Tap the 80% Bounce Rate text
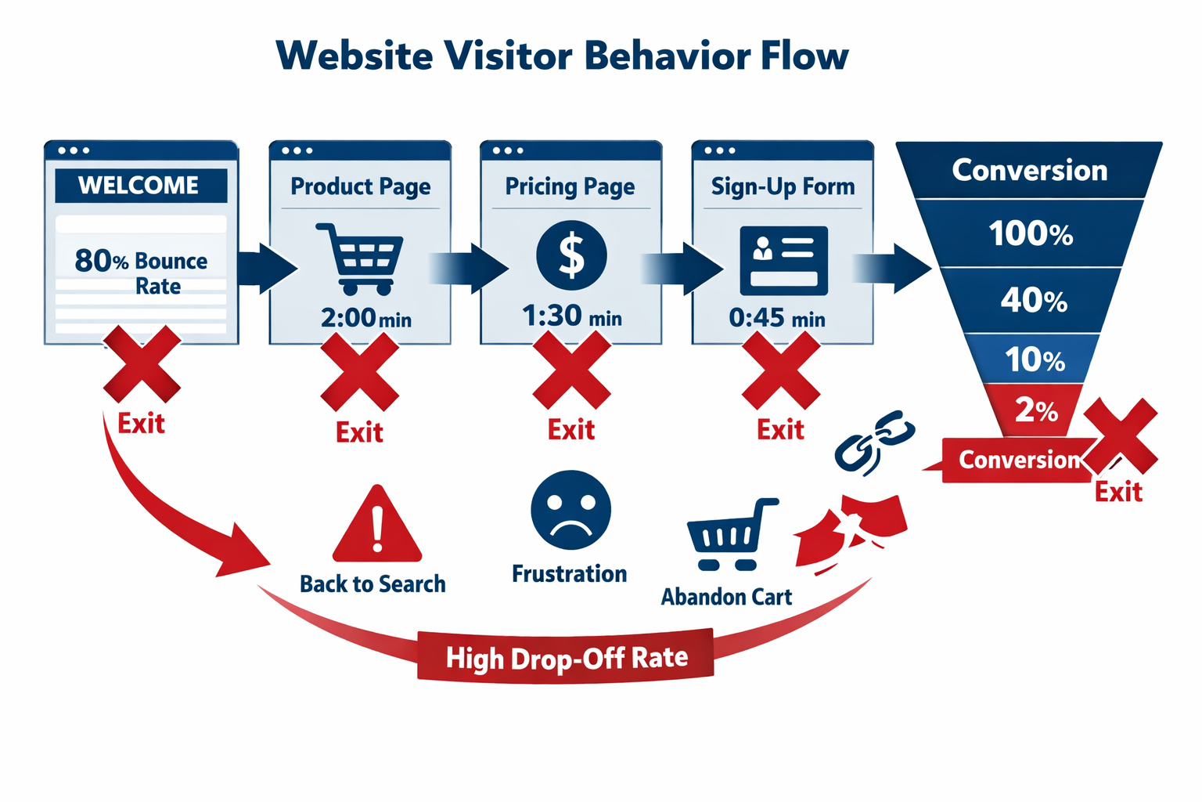pyautogui.click(x=142, y=273)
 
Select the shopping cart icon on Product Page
pyautogui.click(x=360, y=258)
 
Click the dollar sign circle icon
pyautogui.click(x=571, y=256)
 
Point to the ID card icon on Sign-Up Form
pyautogui.click(x=783, y=260)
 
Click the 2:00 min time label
pyautogui.click(x=365, y=318)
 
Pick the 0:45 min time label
pyautogui.click(x=777, y=318)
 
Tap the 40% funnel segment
pyautogui.click(x=1033, y=300)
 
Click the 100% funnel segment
pyautogui.click(x=1031, y=233)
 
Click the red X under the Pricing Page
pyautogui.click(x=571, y=370)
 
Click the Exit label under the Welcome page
pyautogui.click(x=141, y=424)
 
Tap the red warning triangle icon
pyautogui.click(x=377, y=526)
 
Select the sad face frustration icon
pyautogui.click(x=570, y=510)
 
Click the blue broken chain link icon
pyautogui.click(x=874, y=443)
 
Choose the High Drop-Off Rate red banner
pyautogui.click(x=566, y=657)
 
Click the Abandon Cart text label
pyautogui.click(x=726, y=597)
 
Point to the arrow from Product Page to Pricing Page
pyautogui.click(x=470, y=268)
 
